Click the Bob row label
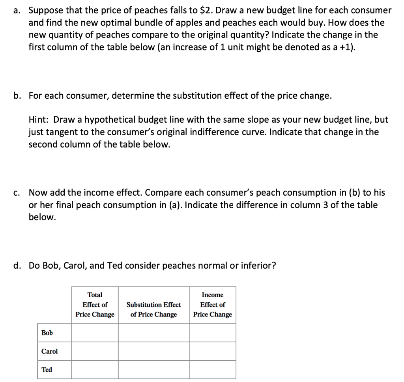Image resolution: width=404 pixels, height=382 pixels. click(x=47, y=333)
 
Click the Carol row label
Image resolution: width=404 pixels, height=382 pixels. click(x=49, y=351)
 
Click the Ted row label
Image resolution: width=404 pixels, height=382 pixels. click(x=47, y=370)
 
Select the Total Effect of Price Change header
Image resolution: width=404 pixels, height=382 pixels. click(x=95, y=305)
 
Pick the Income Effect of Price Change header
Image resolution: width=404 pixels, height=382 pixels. click(x=212, y=305)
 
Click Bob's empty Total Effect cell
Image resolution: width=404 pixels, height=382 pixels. click(x=95, y=333)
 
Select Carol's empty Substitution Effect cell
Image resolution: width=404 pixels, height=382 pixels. click(x=153, y=351)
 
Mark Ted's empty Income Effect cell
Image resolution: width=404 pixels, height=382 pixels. click(x=212, y=370)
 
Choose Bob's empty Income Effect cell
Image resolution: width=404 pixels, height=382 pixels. click(x=212, y=333)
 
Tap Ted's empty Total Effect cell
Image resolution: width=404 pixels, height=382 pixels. click(x=95, y=370)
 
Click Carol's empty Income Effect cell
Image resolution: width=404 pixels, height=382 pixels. click(x=212, y=351)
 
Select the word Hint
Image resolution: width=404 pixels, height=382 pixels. click(x=38, y=120)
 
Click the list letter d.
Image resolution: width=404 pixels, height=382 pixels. click(x=17, y=266)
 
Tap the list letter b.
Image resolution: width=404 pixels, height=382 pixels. click(x=17, y=96)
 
